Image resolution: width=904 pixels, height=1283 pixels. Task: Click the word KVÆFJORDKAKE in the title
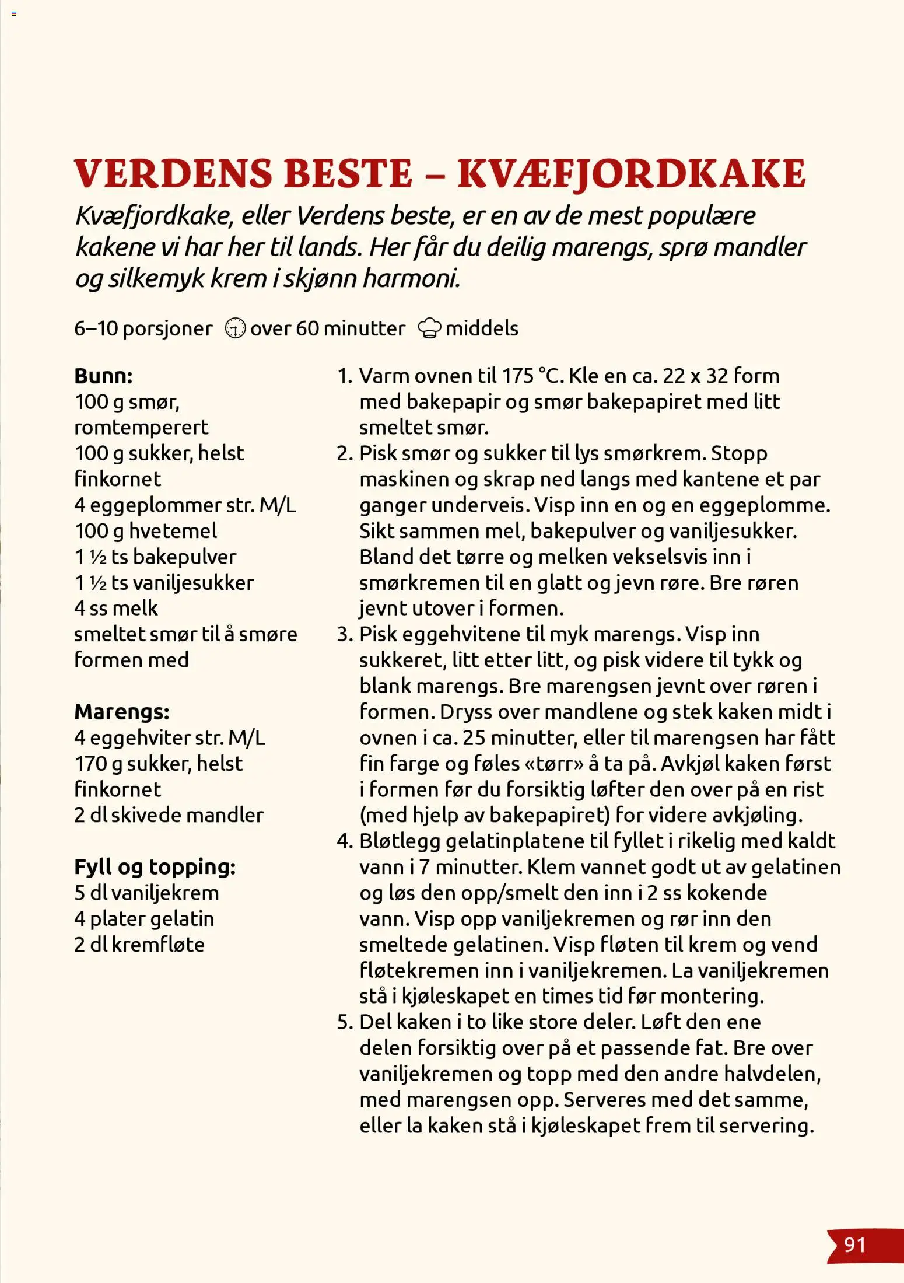(x=631, y=173)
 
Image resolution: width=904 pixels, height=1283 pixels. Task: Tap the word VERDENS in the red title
(x=173, y=173)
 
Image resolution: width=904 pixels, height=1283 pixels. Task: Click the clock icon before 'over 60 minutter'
(x=235, y=328)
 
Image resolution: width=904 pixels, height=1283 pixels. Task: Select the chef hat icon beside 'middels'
(x=429, y=328)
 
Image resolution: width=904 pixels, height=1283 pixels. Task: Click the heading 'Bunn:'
(x=103, y=376)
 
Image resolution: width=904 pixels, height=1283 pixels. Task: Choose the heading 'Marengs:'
(x=121, y=712)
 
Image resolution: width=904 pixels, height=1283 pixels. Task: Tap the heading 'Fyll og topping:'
(x=155, y=867)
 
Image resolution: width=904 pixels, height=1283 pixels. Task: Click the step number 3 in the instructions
(x=344, y=635)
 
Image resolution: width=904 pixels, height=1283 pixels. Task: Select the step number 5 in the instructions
(x=344, y=1022)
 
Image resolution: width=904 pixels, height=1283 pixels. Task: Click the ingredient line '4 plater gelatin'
(x=144, y=919)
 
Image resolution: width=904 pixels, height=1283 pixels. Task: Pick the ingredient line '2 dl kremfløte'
(x=139, y=945)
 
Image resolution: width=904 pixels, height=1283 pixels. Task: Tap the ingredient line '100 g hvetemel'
(x=145, y=531)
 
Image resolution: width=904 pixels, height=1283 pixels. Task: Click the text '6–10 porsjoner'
(x=143, y=328)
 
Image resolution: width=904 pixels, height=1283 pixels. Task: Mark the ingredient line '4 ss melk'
(x=116, y=609)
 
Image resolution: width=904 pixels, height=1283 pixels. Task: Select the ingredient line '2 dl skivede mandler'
(x=169, y=815)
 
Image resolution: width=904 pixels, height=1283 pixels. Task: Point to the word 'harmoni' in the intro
(x=411, y=278)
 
